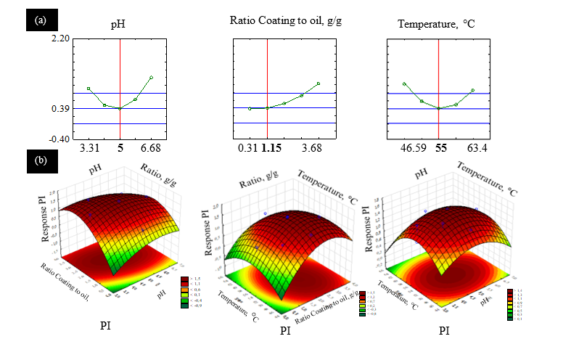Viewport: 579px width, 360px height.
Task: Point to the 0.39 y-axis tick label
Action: click(60, 109)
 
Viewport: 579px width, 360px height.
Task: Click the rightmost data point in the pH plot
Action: click(151, 77)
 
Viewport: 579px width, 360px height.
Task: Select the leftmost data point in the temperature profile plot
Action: click(405, 83)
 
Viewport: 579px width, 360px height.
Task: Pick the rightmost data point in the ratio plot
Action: click(319, 83)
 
